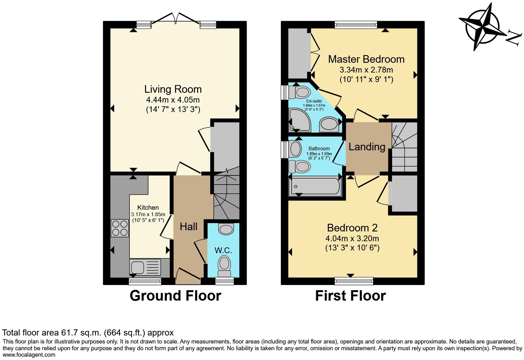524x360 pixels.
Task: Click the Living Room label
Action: click(x=173, y=89)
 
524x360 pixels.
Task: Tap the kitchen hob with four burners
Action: click(x=120, y=228)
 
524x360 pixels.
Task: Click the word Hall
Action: click(x=189, y=227)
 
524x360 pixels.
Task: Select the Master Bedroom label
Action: click(x=366, y=59)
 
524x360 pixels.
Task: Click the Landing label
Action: click(x=367, y=147)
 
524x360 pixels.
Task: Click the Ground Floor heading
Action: click(x=175, y=296)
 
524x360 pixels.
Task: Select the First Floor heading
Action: click(x=350, y=296)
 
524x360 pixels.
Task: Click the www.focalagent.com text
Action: click(x=29, y=355)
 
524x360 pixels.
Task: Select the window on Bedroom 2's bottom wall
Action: click(x=354, y=281)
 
